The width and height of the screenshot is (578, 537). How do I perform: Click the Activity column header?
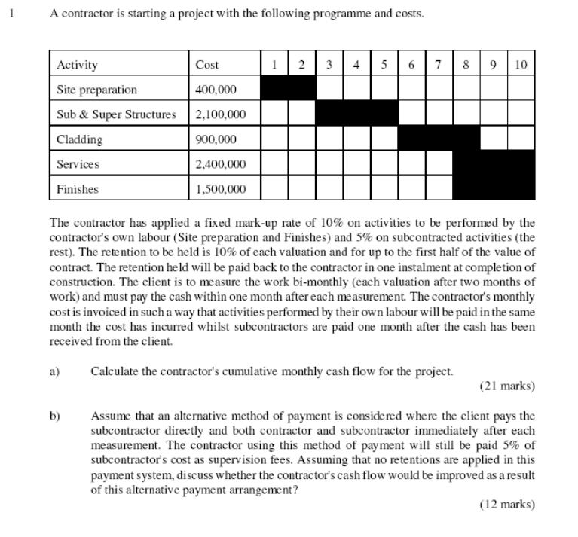[77, 66]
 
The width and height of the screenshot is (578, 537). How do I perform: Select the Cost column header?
[206, 66]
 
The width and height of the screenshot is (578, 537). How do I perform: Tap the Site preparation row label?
[97, 90]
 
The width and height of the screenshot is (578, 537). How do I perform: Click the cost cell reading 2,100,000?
[220, 115]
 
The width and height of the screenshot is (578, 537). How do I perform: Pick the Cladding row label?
[80, 139]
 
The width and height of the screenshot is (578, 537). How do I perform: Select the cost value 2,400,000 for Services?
[220, 164]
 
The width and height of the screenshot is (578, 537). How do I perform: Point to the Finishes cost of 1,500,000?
[220, 189]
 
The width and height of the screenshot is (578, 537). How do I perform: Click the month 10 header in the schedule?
[521, 65]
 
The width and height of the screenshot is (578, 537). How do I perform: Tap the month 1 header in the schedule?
[274, 65]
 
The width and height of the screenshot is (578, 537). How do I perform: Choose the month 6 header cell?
[411, 65]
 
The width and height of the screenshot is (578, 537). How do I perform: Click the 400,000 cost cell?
[216, 90]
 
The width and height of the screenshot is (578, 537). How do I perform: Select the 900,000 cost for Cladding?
[216, 139]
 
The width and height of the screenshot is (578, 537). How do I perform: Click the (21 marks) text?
[506, 386]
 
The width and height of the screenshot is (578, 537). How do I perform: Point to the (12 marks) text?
[506, 505]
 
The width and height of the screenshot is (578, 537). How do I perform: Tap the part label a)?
[54, 371]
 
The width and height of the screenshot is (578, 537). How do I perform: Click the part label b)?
[54, 415]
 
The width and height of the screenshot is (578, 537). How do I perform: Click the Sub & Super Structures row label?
[116, 115]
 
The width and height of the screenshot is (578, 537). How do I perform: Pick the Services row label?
[78, 164]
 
